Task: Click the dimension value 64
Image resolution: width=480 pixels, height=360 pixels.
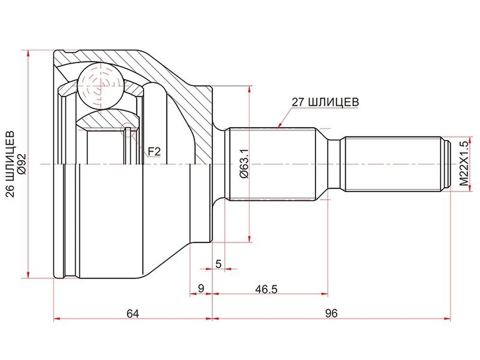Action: tap(133, 313)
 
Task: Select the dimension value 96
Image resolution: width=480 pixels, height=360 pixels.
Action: tap(331, 313)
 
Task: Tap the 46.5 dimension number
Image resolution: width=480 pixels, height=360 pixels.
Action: tap(266, 288)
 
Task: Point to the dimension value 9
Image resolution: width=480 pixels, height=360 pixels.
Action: tap(201, 288)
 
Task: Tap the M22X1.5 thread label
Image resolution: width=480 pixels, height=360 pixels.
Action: tap(464, 164)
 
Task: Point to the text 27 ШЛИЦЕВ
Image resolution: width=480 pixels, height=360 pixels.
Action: tap(325, 102)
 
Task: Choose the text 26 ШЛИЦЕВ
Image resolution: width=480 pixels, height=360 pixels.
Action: tap(10, 164)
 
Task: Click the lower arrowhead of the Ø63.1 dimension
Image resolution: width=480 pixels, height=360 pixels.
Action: tap(250, 239)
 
